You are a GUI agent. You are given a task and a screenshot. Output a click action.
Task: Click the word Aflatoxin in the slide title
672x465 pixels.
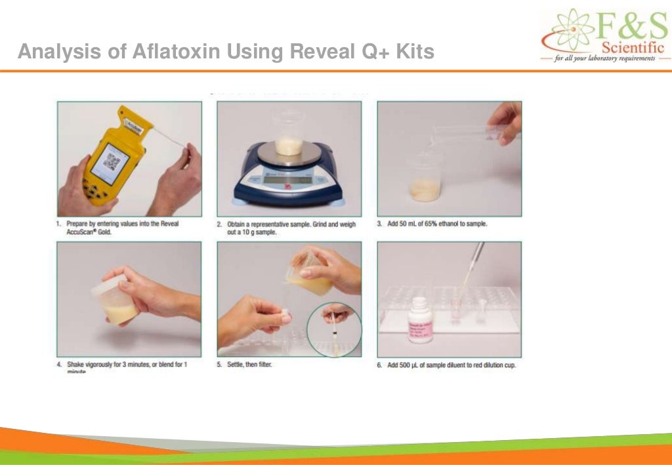click(176, 52)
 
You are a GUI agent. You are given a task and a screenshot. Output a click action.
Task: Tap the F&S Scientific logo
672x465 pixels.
click(604, 36)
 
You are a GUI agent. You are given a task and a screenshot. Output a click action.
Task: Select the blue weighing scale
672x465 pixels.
click(289, 174)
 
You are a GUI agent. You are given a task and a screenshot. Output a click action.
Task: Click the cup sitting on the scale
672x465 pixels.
click(289, 133)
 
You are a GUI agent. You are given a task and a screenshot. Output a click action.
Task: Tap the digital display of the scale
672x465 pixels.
click(289, 179)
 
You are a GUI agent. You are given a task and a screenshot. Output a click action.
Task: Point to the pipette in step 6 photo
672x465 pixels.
click(471, 269)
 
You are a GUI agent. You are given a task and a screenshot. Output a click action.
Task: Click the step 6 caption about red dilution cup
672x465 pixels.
click(450, 365)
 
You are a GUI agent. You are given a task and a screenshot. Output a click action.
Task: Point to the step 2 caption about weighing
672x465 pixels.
click(289, 228)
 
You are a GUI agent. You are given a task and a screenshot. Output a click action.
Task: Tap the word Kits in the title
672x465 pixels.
click(415, 52)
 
